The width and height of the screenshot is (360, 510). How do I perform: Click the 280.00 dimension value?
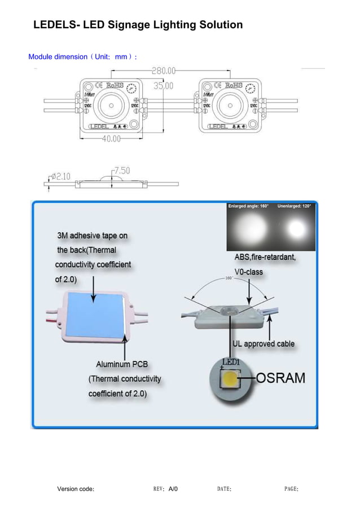[x=164, y=71]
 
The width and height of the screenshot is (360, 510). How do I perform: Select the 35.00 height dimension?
[x=164, y=86]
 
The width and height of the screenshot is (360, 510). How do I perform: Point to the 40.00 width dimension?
[x=111, y=139]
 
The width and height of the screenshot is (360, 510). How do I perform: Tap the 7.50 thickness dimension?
[x=122, y=170]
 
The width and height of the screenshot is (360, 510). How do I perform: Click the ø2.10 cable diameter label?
[x=60, y=176]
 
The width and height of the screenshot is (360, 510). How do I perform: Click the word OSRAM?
[x=280, y=378]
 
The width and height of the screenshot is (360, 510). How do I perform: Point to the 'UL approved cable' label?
[x=264, y=343]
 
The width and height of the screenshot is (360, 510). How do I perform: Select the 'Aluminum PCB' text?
[x=122, y=364]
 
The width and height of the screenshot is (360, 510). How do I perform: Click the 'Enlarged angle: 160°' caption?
[x=248, y=206]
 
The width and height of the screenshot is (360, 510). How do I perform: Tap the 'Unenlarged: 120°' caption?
[x=294, y=206]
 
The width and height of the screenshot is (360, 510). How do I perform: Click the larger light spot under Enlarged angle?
[x=250, y=230]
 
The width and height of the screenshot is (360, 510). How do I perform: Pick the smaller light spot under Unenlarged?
[x=296, y=229]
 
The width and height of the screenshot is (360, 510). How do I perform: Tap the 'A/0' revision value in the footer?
[x=173, y=489]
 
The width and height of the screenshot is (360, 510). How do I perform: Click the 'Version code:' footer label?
[x=76, y=489]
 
